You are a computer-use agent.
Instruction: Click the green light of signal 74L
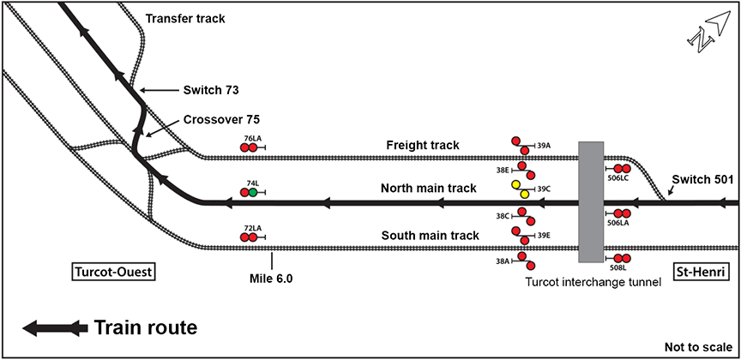click(253, 193)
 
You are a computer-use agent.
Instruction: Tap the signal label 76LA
click(251, 137)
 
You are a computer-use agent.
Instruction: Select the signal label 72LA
click(251, 227)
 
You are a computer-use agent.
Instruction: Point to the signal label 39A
click(544, 146)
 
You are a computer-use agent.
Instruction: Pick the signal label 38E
click(503, 170)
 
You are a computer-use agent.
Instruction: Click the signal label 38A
click(503, 259)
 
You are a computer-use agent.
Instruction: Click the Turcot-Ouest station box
click(112, 273)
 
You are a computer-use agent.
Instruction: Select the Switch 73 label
click(211, 89)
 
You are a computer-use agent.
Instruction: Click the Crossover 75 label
click(221, 120)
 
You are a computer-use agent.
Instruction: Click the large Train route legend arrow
click(55, 327)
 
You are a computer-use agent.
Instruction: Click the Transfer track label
click(184, 18)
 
